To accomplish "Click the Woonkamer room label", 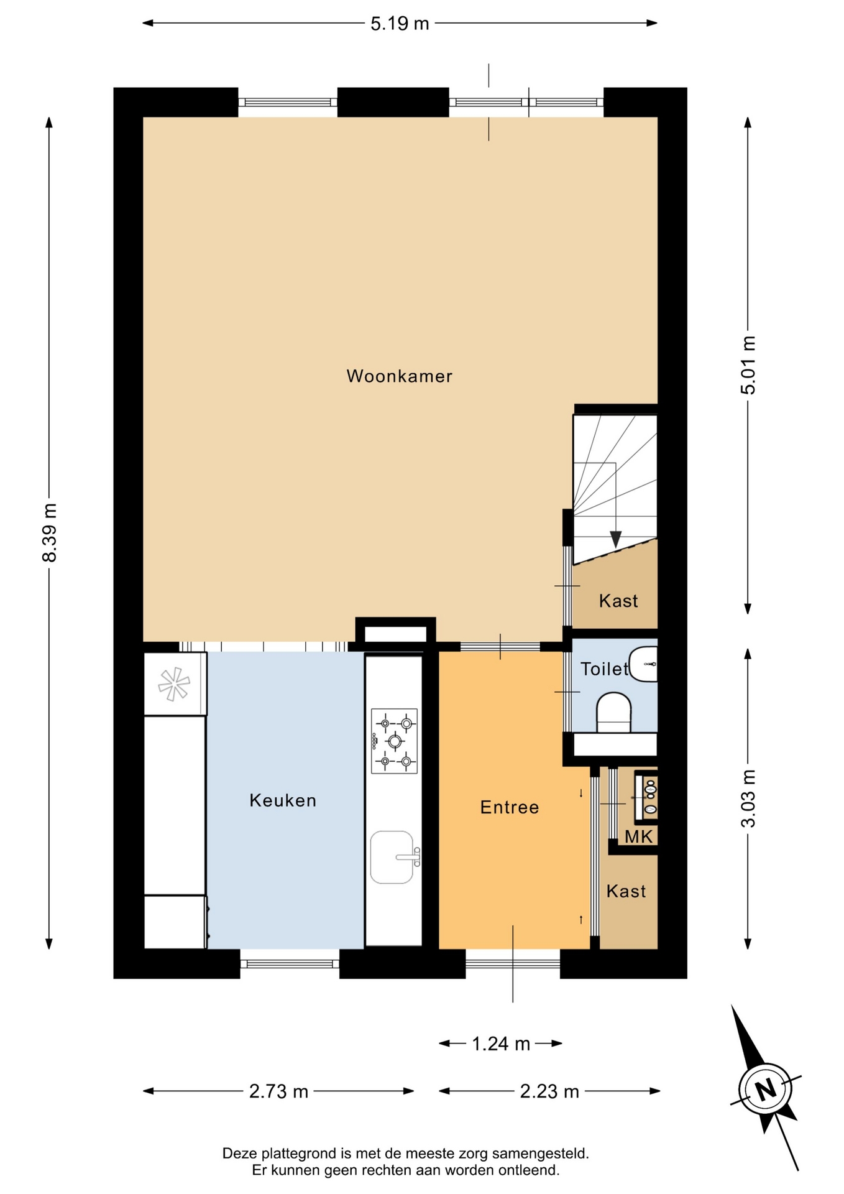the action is (x=399, y=376).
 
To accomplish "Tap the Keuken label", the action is (x=283, y=800).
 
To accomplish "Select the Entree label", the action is (x=510, y=807).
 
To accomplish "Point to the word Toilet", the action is (x=605, y=669).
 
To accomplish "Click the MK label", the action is (x=639, y=837).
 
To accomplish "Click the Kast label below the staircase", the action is (x=618, y=601).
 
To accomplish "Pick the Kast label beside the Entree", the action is (x=626, y=891).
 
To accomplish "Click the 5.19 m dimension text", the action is (x=400, y=24).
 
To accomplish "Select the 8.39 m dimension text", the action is (x=50, y=533).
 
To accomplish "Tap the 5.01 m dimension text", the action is (x=748, y=365).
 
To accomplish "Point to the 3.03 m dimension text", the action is (x=748, y=798).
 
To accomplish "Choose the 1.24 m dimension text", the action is (x=501, y=1044).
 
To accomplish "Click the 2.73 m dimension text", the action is (x=278, y=1091).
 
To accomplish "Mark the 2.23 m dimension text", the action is (x=549, y=1091).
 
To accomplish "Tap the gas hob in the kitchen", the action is (x=394, y=741).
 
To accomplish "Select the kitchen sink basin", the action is (x=392, y=857).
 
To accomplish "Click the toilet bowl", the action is (x=614, y=713).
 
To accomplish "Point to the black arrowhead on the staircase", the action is (x=615, y=539).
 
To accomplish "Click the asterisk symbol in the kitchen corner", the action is (x=174, y=684).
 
